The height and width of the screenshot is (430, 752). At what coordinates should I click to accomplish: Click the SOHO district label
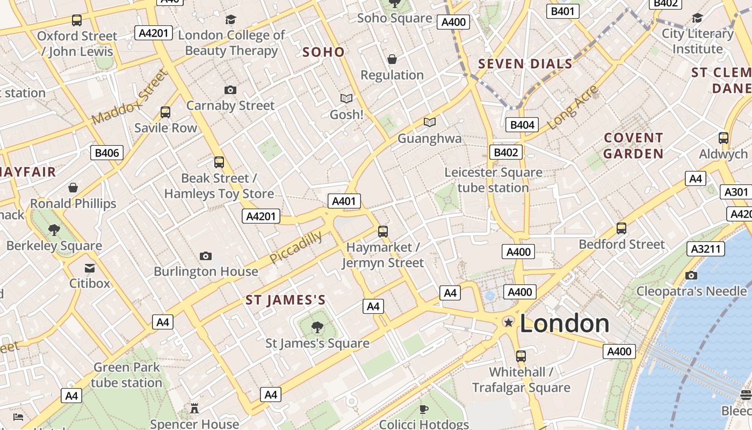323,52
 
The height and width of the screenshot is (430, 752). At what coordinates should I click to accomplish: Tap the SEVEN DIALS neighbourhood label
525,64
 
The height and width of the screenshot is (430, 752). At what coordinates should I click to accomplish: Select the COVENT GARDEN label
633,146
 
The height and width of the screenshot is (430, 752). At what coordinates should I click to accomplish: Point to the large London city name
565,324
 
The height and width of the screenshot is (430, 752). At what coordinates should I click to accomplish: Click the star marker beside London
508,322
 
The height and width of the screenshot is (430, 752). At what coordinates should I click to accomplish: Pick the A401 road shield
344,201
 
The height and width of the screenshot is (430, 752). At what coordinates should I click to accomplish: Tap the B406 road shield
107,153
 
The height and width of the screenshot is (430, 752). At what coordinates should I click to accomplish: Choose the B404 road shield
522,125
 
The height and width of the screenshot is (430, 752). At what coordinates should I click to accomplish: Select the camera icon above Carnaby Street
230,90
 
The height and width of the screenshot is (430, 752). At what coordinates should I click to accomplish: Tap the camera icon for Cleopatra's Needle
691,276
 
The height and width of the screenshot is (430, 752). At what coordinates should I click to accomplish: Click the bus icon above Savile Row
165,112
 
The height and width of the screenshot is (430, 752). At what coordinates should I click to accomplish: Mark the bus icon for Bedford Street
621,228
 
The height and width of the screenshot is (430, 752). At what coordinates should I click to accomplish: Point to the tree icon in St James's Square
317,327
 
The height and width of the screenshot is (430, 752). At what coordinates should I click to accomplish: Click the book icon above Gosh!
346,99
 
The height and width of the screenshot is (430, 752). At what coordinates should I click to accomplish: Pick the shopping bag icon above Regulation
392,59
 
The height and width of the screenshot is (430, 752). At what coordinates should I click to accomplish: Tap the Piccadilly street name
295,248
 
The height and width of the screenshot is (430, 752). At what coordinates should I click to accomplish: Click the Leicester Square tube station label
493,180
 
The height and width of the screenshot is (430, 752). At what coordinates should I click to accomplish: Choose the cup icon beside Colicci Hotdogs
424,409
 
